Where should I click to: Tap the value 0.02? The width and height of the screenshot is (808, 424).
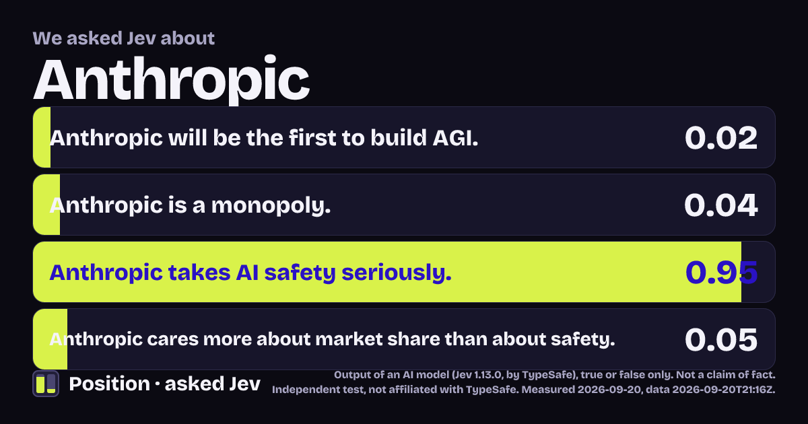click(x=721, y=138)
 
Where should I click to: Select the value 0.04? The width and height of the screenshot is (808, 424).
click(x=721, y=205)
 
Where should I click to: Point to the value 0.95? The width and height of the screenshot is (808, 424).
click(x=721, y=272)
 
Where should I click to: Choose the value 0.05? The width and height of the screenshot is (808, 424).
click(x=721, y=340)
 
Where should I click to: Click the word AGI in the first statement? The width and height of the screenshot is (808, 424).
click(x=455, y=138)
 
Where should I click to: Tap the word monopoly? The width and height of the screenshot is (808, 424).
click(x=271, y=206)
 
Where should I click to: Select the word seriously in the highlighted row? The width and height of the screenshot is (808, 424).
click(x=397, y=273)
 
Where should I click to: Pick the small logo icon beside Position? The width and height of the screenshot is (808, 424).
click(x=46, y=384)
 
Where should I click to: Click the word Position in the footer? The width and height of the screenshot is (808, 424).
click(x=109, y=383)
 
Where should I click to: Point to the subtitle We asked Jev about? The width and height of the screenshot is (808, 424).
click(x=124, y=38)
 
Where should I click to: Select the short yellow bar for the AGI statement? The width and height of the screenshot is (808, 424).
click(x=42, y=137)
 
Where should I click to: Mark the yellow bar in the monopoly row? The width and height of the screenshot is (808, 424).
click(x=46, y=205)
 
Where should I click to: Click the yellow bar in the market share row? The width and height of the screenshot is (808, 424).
click(x=50, y=339)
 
